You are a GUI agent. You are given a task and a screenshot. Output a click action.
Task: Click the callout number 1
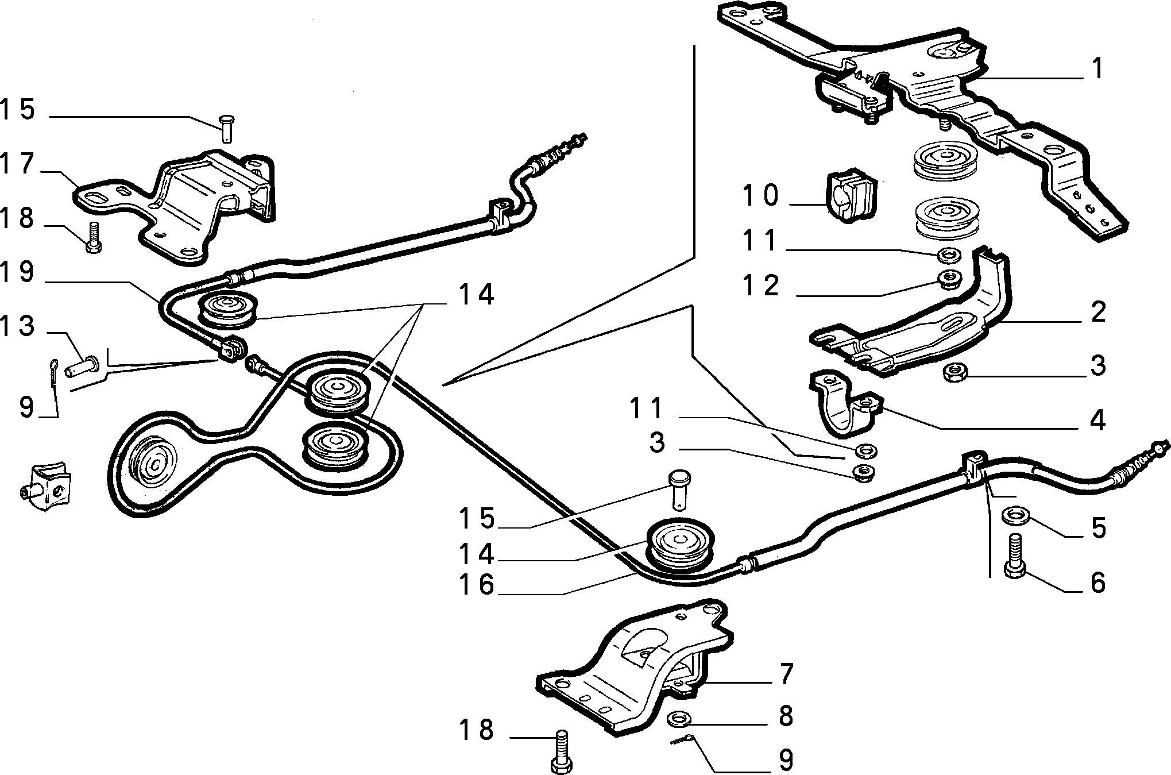pyautogui.click(x=1097, y=69)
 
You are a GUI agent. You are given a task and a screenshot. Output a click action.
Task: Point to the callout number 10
pyautogui.click(x=760, y=195)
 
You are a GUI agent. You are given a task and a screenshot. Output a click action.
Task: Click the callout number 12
pyautogui.click(x=760, y=286)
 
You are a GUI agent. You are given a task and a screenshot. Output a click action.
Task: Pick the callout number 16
pyautogui.click(x=477, y=585)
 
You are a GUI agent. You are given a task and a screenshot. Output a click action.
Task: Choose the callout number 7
pyautogui.click(x=786, y=673)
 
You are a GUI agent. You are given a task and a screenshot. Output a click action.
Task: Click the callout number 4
pyautogui.click(x=1097, y=421)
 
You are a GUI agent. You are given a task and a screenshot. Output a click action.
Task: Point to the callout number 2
pyautogui.click(x=1097, y=312)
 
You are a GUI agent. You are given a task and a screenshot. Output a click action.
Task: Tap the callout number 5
pyautogui.click(x=1097, y=529)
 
